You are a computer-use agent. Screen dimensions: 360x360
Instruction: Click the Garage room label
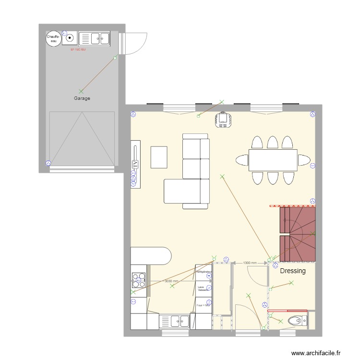pyautogui.click(x=82, y=98)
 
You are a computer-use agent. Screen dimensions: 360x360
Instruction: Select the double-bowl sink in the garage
pyautogui.click(x=94, y=38)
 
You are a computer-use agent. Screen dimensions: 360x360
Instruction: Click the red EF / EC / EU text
pyautogui.click(x=78, y=49)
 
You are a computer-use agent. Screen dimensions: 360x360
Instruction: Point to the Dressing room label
pyautogui.click(x=293, y=271)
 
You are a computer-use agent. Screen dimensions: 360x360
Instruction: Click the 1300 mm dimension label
pyautogui.click(x=250, y=263)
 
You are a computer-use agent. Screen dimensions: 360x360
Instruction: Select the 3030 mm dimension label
pyautogui.click(x=171, y=282)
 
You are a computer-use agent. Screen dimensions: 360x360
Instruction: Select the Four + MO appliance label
pyautogui.click(x=204, y=305)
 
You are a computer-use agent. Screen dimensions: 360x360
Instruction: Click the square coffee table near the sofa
pyautogui.click(x=159, y=157)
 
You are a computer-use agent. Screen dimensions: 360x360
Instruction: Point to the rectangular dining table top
pyautogui.click(x=273, y=160)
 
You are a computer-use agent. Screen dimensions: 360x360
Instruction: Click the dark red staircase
pyautogui.click(x=298, y=234)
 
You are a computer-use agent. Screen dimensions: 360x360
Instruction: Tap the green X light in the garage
pyautogui.click(x=81, y=91)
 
